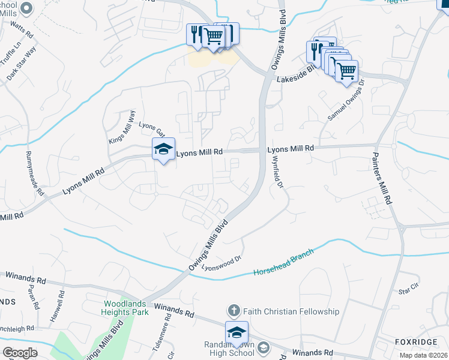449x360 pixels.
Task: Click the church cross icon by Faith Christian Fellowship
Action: click(233, 311)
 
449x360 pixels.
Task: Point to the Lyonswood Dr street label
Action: click(221, 263)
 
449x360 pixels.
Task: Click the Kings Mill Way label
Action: click(122, 127)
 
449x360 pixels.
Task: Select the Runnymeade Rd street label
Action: click(34, 174)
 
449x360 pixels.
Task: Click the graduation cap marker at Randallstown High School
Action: click(237, 333)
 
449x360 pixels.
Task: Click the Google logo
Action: click(20, 353)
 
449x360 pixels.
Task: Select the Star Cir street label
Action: click(408, 291)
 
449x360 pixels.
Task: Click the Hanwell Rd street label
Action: click(57, 305)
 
